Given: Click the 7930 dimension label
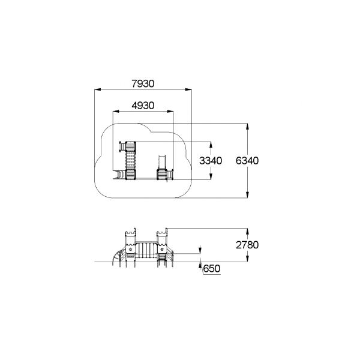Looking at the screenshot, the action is point(143,83).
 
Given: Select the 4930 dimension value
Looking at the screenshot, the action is point(143,106).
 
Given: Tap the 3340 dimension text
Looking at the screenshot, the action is point(211,161).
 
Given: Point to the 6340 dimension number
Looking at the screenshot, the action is point(247,161).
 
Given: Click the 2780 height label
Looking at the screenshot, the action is point(247,245).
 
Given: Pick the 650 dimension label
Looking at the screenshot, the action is point(212,268).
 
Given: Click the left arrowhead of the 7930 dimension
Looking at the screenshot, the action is point(98,89).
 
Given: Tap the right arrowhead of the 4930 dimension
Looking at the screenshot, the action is point(170,112).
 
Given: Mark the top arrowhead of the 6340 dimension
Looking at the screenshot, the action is point(247,127).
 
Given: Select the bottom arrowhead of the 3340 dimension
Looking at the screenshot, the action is point(211,176).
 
